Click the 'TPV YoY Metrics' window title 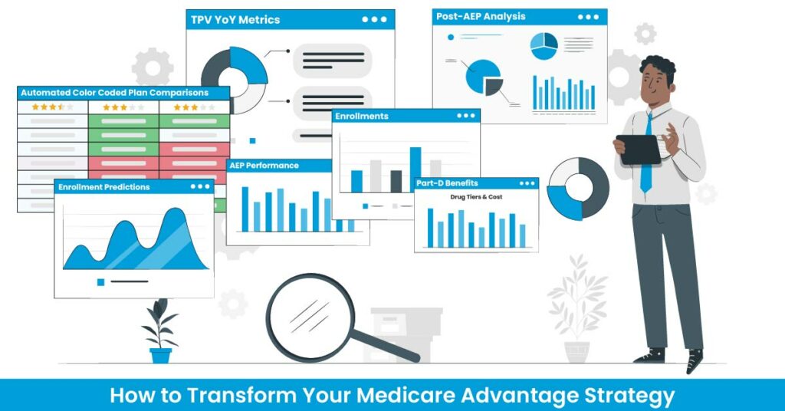235,20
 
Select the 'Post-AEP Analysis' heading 481,17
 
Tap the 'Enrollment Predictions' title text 104,187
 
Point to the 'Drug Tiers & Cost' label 476,197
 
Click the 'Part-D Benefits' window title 447,183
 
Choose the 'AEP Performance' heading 264,166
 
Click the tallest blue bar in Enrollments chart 415,169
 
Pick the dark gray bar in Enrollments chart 396,181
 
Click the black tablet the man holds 639,150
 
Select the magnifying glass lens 310,317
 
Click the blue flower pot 161,356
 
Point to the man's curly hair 659,67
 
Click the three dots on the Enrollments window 466,116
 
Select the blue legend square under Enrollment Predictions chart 100,282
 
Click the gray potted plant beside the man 577,309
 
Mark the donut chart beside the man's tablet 578,189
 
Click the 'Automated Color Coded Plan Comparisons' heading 115,93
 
